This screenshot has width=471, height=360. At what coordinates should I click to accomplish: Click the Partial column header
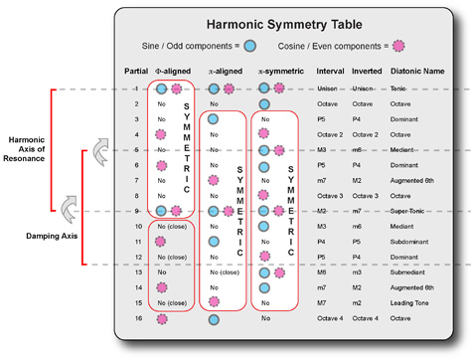(136, 73)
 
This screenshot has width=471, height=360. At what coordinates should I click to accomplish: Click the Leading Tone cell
(420, 302)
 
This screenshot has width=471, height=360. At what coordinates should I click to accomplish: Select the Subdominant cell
(421, 241)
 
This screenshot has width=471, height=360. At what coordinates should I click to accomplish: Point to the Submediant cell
(420, 271)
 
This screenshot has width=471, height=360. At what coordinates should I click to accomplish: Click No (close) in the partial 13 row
(224, 271)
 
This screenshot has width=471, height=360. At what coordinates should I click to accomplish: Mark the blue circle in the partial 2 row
(264, 103)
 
